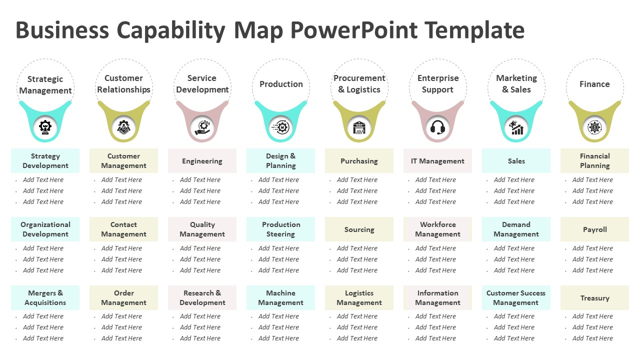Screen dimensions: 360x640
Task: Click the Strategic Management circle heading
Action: coord(45,84)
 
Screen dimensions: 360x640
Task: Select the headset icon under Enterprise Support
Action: coord(437,127)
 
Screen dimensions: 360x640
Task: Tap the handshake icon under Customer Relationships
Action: coord(123,127)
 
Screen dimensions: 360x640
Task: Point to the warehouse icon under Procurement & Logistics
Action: coord(359,127)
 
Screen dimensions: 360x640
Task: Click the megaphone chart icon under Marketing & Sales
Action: coord(516,127)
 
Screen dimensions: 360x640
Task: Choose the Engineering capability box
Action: coord(202,161)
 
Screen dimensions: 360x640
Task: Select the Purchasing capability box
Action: coord(359,161)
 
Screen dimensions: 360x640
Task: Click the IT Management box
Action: coord(437,161)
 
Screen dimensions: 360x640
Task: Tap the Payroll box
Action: coord(594,229)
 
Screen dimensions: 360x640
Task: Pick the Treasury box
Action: coord(594,298)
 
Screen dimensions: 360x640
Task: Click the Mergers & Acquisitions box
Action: coord(45,298)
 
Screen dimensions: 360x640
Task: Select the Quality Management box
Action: coord(202,229)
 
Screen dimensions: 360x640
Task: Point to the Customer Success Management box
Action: coord(516,298)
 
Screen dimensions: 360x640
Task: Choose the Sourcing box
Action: coord(359,229)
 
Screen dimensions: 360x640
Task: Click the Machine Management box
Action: coord(280,298)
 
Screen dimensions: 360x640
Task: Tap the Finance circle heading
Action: coord(594,84)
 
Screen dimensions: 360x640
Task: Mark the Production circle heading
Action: coord(281,84)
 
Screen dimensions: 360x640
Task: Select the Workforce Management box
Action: coord(437,229)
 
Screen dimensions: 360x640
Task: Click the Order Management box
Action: coord(123,298)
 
